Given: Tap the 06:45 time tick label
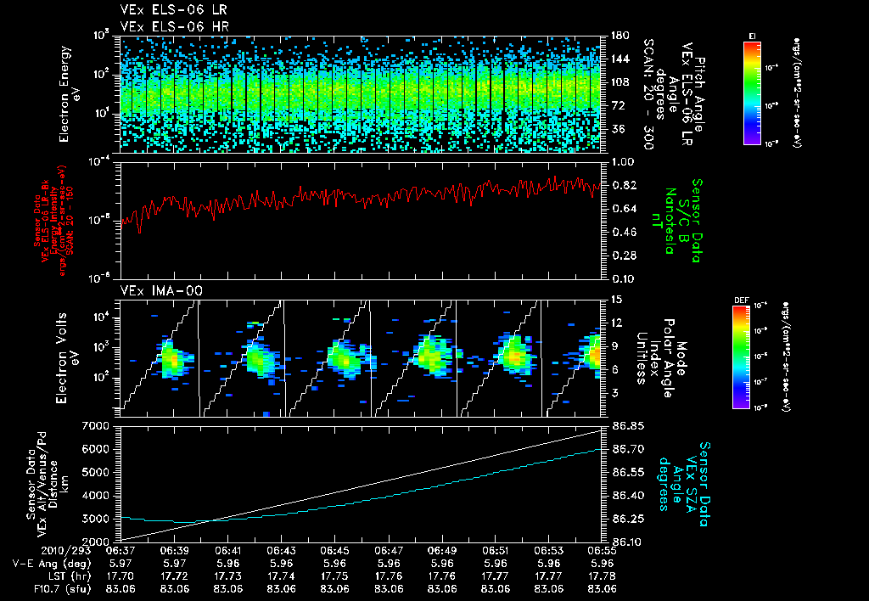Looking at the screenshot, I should tap(335, 550).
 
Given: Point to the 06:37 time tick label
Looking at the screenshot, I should tap(121, 550).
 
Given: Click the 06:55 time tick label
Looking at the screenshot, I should tap(602, 550).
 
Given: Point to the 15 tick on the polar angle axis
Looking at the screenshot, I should tap(614, 299).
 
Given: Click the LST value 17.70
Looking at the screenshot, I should tap(121, 575).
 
